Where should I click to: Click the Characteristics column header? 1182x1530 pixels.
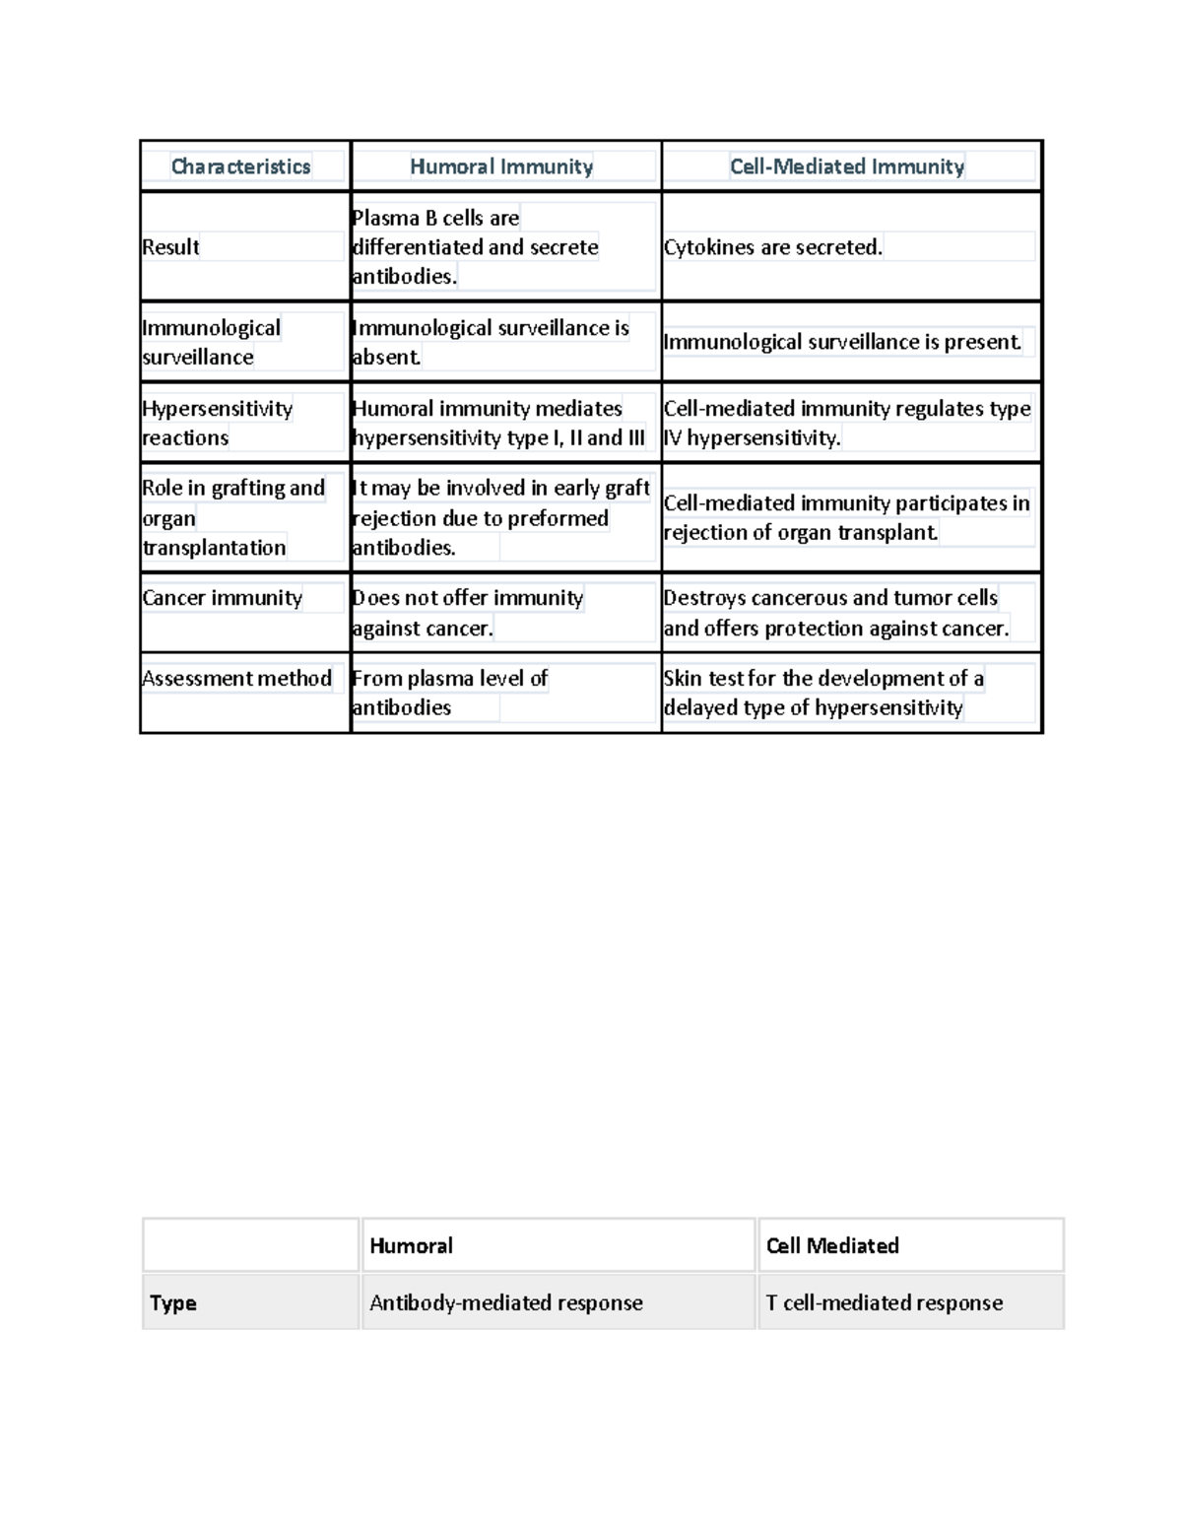[241, 166]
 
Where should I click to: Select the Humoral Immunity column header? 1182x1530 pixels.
[501, 166]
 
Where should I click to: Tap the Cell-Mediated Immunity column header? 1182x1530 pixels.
[847, 166]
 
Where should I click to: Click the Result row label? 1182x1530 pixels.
[171, 247]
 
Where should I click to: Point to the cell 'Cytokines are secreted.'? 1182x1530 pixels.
[773, 247]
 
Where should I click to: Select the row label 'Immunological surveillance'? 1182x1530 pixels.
[211, 343]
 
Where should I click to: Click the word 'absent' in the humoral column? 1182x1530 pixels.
[386, 358]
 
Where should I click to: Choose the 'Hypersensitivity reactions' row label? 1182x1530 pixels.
[217, 424]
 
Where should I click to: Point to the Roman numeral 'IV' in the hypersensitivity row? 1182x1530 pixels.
[673, 437]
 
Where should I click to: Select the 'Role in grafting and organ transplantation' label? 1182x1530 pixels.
[232, 518]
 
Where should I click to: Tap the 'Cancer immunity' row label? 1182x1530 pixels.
[223, 598]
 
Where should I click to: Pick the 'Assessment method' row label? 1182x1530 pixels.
[237, 679]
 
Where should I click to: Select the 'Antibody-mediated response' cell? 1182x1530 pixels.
[506, 1302]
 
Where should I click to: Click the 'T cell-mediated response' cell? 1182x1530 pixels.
[885, 1302]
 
